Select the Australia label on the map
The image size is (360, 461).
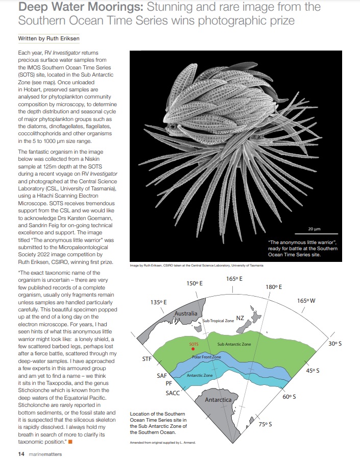click(186, 313)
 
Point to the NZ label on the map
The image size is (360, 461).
click(240, 318)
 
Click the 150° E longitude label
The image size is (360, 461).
click(195, 283)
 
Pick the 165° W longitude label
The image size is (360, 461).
click(306, 301)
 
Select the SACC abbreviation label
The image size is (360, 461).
click(173, 393)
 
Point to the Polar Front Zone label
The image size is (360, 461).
click(206, 357)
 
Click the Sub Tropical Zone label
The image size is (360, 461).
click(218, 321)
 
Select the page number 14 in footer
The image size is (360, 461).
click(21, 453)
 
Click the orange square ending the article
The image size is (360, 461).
click(70, 441)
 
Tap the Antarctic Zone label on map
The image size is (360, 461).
click(200, 375)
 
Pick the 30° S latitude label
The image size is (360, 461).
click(334, 344)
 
